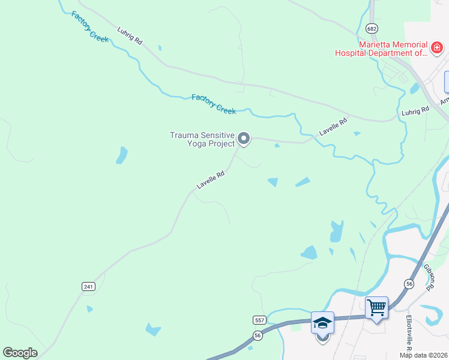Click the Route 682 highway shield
(x=372, y=28)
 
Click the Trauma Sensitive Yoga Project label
(x=202, y=139)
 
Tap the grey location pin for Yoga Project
(x=244, y=139)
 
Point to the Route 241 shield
(x=88, y=287)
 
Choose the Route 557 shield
(x=258, y=321)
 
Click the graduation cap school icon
(x=322, y=323)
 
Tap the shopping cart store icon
(x=377, y=308)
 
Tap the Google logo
(x=20, y=352)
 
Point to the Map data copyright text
(x=423, y=355)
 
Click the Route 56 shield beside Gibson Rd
(x=409, y=283)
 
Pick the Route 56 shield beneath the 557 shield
(x=258, y=335)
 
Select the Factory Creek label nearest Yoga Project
(x=214, y=104)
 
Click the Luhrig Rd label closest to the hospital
(x=415, y=110)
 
